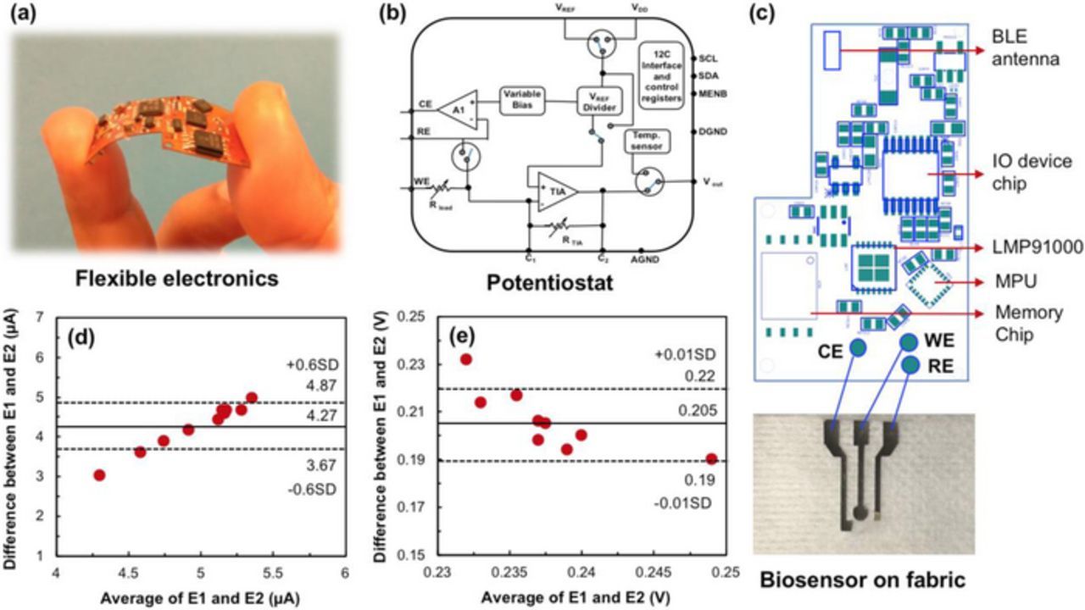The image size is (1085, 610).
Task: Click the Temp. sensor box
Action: click(646, 141)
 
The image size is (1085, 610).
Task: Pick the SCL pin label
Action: click(709, 58)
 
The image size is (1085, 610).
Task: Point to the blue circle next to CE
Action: click(858, 347)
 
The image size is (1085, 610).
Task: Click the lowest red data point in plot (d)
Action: click(99, 474)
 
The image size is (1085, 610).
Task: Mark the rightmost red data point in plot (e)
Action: click(711, 458)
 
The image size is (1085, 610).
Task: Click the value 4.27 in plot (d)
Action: click(303, 416)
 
